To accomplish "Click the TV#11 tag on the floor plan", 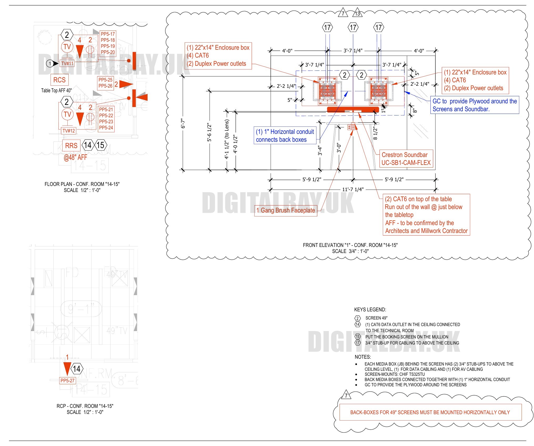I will point(67,63).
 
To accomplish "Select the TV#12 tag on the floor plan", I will point(68,131).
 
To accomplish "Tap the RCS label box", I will point(59,80).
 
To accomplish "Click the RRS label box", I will point(71,146).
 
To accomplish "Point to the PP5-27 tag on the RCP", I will point(67,381).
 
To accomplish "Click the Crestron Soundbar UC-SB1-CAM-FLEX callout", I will point(406,159).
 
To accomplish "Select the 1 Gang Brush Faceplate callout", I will point(286,210).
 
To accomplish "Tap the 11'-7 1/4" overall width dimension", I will point(353,189).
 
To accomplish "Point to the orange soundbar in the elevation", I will point(353,109).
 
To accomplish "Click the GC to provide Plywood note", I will point(475,105).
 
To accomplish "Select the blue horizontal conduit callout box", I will point(285,136).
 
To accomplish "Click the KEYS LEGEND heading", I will point(370,310).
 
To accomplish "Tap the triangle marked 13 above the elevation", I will point(357,13).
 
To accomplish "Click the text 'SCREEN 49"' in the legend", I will point(376,318).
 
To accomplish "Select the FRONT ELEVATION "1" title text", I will point(350,245).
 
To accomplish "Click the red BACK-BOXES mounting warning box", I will point(430,412).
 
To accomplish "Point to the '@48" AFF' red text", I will point(75,158).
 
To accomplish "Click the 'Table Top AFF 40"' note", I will point(56,90).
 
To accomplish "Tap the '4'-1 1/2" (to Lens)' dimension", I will point(227,139).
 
